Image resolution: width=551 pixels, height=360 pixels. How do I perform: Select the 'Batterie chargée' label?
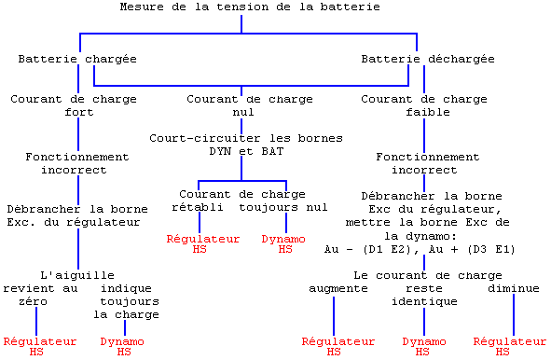point(77,60)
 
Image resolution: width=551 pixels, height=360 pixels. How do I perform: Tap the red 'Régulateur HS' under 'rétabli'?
point(203,243)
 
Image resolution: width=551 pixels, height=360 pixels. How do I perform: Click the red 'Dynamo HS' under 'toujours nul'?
point(284,243)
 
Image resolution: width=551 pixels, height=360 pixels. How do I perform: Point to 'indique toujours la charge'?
point(129,301)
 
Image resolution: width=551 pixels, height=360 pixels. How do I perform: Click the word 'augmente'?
point(338,289)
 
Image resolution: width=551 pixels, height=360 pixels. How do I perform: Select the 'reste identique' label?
point(424,296)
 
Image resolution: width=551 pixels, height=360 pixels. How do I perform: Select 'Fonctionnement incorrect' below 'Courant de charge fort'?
point(77,164)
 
